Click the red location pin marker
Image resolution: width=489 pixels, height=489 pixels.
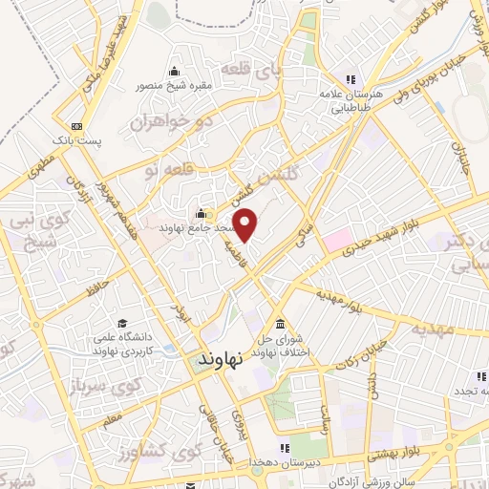coord(246,224)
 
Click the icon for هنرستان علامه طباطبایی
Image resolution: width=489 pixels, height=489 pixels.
coord(351,78)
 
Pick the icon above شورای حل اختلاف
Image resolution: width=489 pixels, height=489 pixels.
coord(279,323)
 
